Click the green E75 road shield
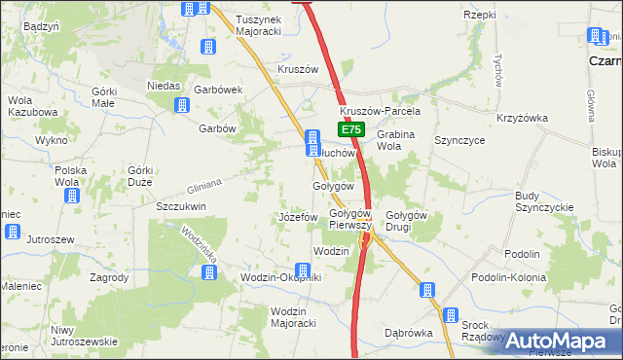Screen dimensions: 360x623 coord(352,129)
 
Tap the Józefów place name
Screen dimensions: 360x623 coord(298,216)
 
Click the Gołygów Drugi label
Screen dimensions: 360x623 coord(407,221)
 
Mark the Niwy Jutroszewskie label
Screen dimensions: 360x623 coord(85,335)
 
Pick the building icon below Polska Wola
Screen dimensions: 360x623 coord(72,196)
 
